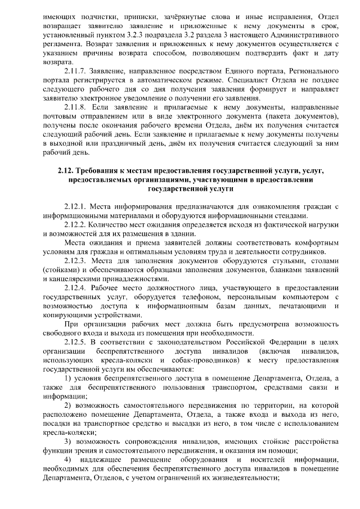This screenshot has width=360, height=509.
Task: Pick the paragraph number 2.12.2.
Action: [x=76, y=224]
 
